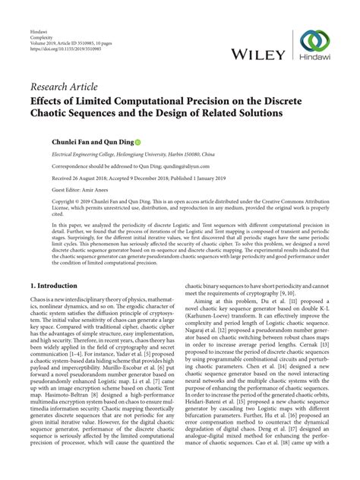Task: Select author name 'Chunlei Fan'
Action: [x=52, y=141]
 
